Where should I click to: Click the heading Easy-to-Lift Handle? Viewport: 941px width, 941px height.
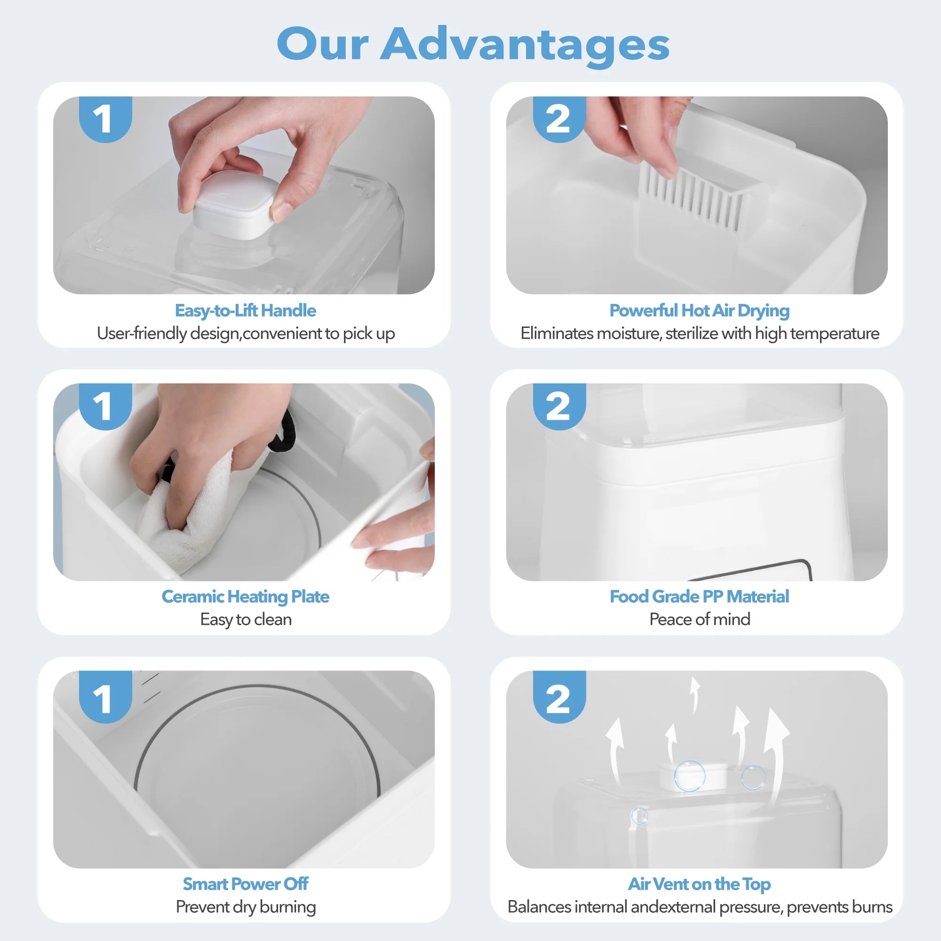click(246, 310)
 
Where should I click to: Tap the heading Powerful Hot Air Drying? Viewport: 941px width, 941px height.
click(700, 310)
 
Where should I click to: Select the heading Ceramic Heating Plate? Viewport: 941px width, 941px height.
click(246, 596)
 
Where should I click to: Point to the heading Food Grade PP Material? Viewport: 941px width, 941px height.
click(700, 596)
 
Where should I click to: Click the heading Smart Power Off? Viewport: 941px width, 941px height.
click(246, 884)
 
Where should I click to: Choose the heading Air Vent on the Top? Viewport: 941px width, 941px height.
click(700, 884)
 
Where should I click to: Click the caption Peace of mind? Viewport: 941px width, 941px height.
click(700, 619)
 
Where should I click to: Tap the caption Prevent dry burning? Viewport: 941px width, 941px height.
click(246, 907)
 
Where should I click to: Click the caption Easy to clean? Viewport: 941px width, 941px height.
click(246, 619)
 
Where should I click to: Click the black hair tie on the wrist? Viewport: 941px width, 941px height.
click(287, 433)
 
